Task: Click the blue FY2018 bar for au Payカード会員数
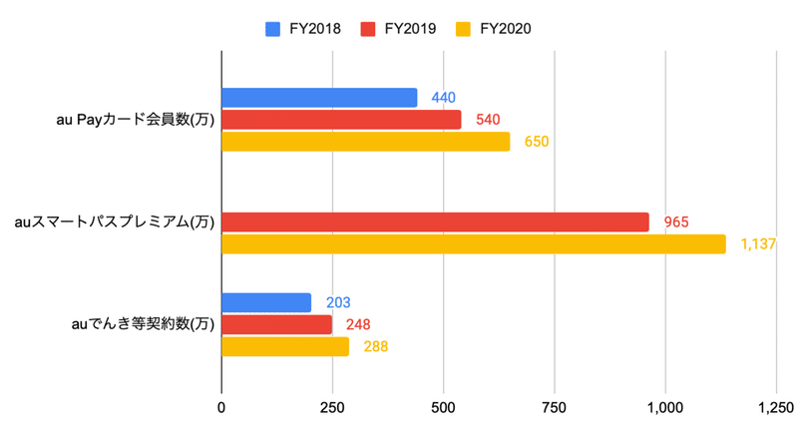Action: click(319, 98)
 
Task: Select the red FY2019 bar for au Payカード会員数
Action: click(341, 120)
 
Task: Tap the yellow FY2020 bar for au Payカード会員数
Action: click(365, 142)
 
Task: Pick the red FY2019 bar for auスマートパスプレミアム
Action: click(435, 222)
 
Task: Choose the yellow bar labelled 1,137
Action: click(473, 244)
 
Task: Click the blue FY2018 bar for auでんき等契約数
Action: click(266, 302)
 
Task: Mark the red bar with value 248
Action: click(276, 324)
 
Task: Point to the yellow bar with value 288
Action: click(285, 346)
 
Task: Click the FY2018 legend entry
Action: click(303, 28)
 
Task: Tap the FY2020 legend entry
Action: click(493, 28)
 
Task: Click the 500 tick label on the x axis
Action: click(443, 407)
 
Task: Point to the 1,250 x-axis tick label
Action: click(774, 407)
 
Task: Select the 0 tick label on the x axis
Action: click(221, 407)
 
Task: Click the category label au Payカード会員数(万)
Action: click(136, 121)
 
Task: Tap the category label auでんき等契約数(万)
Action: click(142, 324)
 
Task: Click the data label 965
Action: click(676, 222)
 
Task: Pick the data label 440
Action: click(444, 98)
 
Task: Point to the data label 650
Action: click(537, 142)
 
